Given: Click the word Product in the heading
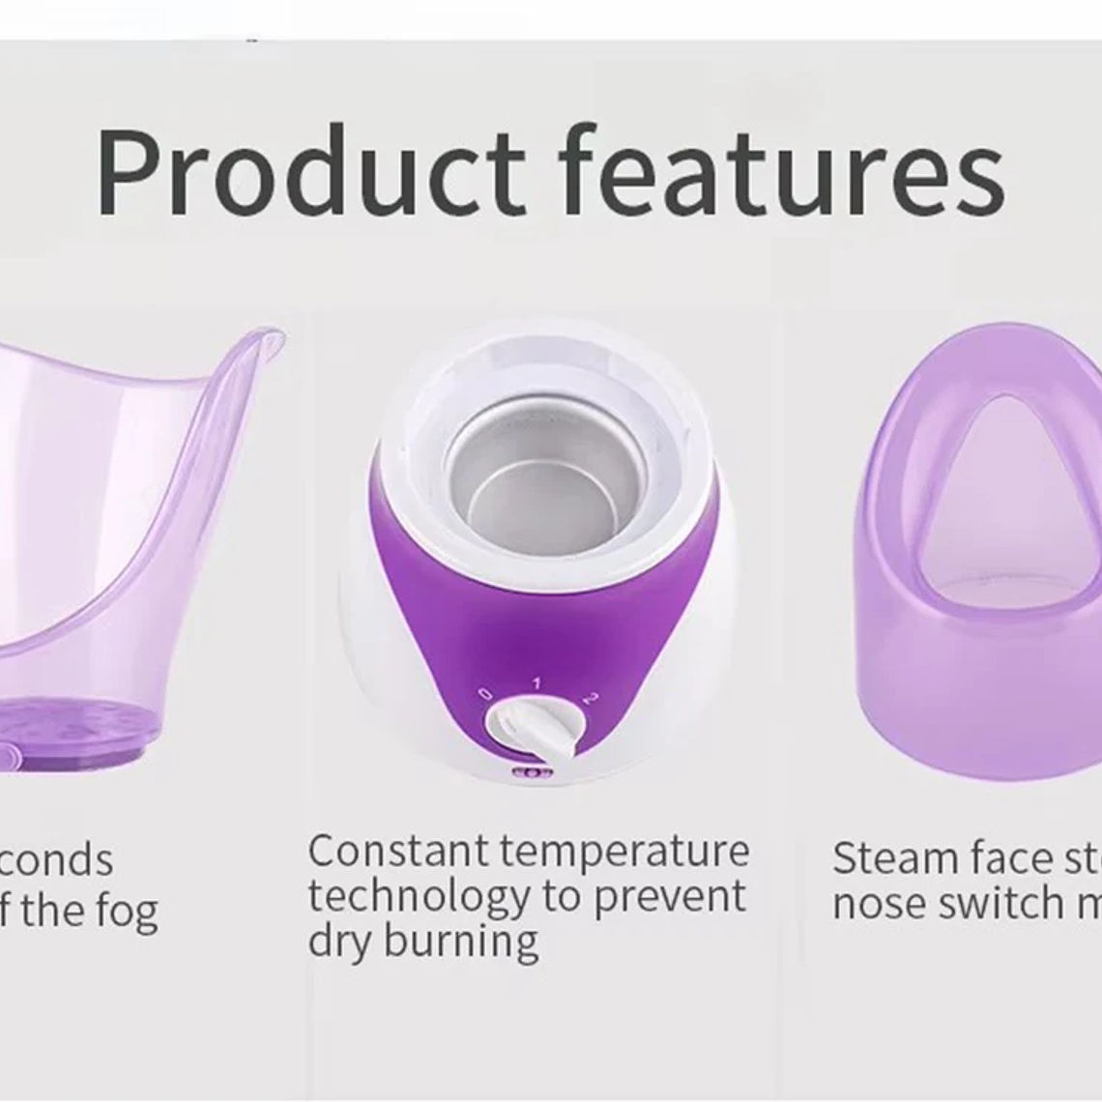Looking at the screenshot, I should (309, 171).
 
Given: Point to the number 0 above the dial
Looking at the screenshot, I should (485, 694).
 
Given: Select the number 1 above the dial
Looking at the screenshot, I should (537, 682).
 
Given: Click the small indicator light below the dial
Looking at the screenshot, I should (532, 772).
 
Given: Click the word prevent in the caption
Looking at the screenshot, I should (669, 898).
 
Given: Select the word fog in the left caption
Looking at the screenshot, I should (127, 911).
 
